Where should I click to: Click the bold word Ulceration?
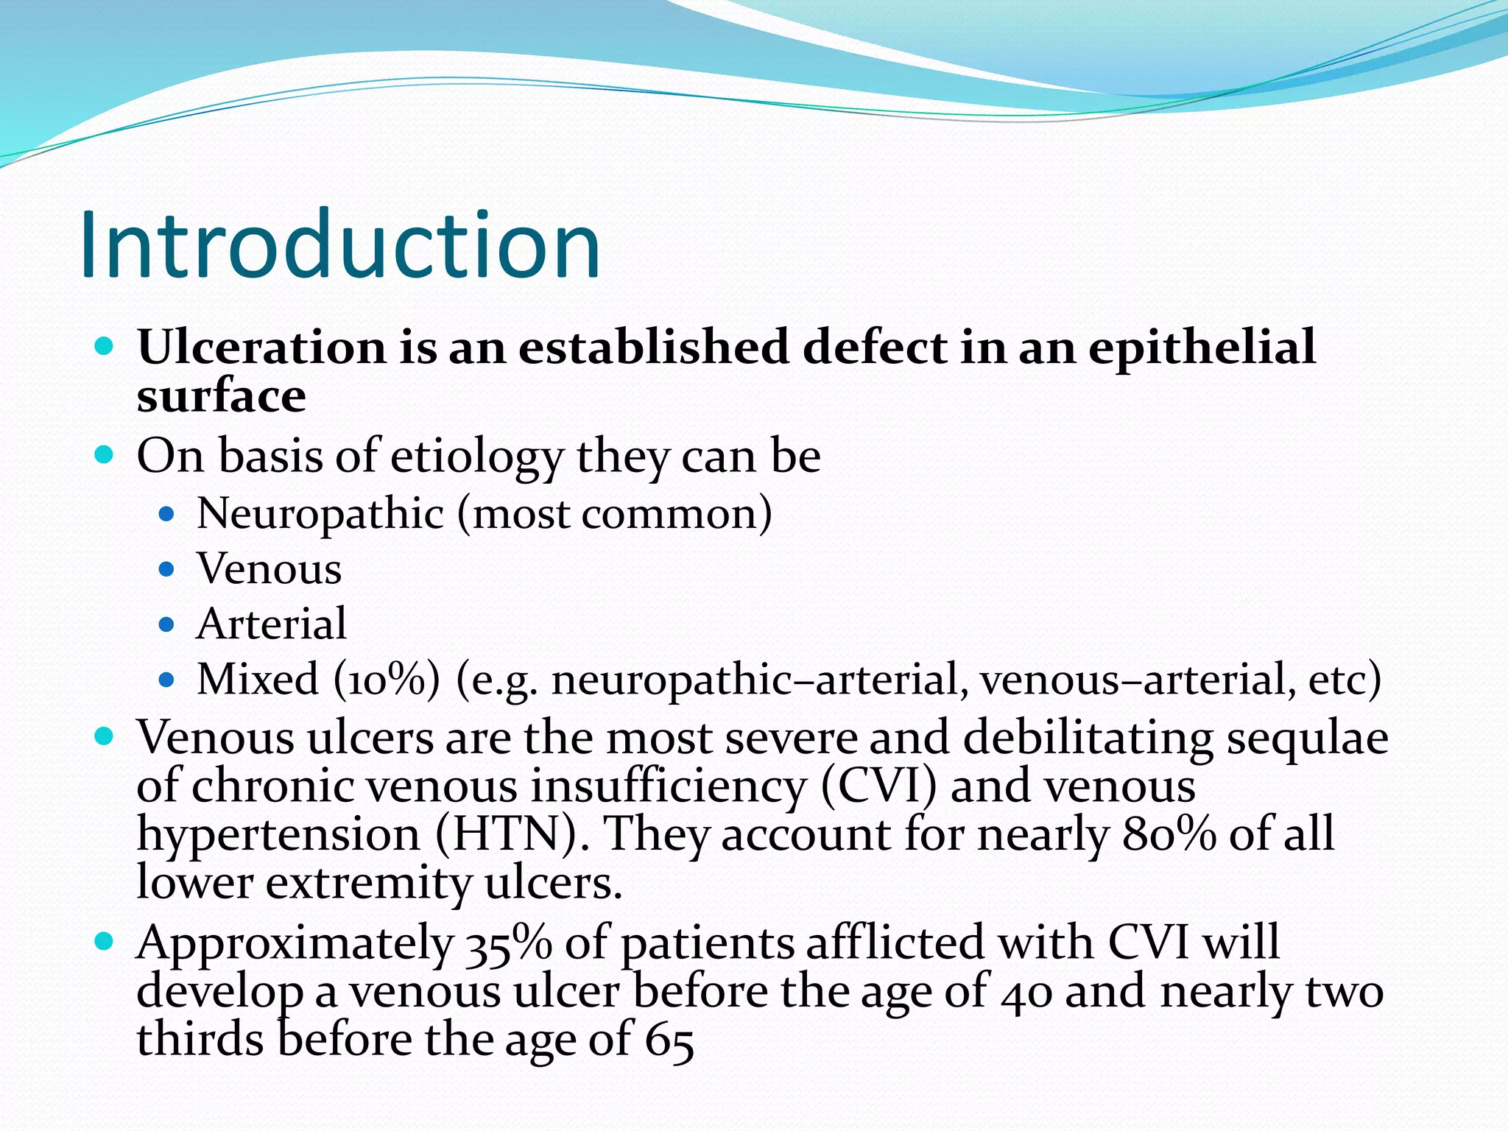(x=261, y=347)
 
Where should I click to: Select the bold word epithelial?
(x=1202, y=348)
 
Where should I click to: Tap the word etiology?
(x=476, y=457)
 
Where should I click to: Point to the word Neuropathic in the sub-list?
(x=320, y=513)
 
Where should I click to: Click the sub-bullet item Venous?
(x=269, y=569)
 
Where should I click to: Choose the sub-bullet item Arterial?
(x=272, y=624)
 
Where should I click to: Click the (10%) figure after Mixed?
(x=387, y=680)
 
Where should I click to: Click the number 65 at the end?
(x=669, y=1041)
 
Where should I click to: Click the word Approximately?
(x=295, y=943)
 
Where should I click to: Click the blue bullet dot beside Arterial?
(x=166, y=625)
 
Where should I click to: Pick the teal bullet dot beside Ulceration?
(x=105, y=346)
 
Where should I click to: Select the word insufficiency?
(x=669, y=786)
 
